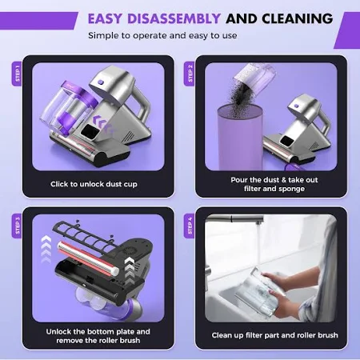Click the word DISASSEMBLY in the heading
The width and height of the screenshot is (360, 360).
pos(174,18)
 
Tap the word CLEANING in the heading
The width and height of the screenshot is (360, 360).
pos(298,18)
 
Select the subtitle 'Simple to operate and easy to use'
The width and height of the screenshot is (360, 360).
pos(162,35)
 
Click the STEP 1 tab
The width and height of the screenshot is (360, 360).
pos(17,74)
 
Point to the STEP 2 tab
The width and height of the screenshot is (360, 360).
pos(190,74)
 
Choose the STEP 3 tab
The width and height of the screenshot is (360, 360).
pos(17,226)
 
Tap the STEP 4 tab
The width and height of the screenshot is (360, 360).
pos(190,226)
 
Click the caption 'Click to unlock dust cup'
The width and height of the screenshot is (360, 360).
pos(94,184)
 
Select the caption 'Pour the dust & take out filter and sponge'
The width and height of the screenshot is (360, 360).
pos(274,184)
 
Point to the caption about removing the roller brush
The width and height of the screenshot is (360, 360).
pos(98,336)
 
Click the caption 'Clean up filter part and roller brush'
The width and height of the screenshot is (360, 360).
pos(274,335)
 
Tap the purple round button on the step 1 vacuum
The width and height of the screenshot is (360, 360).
pos(100,82)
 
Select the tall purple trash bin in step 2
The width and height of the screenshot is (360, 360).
pos(240,138)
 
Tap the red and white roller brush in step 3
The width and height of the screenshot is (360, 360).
pos(89,258)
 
